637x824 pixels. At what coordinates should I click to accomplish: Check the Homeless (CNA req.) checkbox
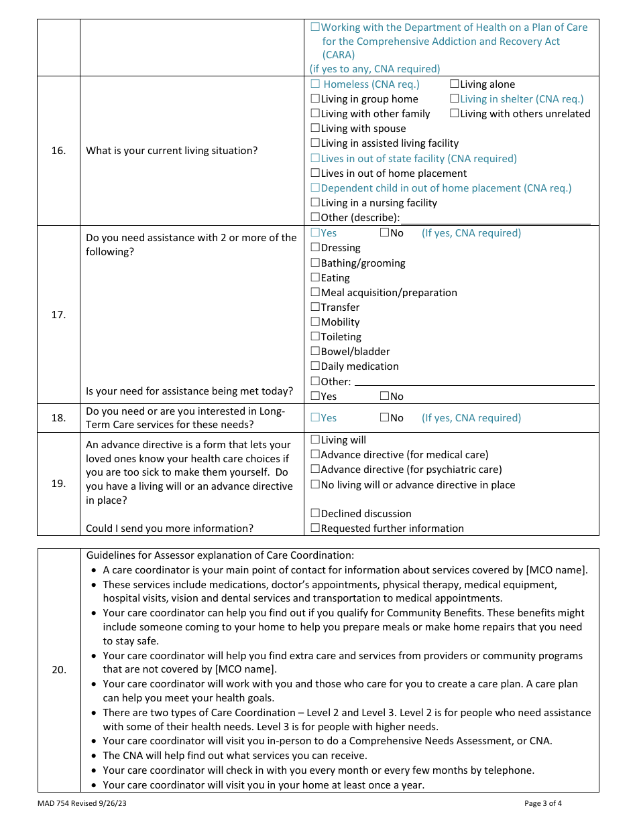(x=315, y=84)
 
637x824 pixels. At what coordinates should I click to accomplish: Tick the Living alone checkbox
(x=455, y=84)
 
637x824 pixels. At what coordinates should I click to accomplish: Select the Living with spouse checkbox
(x=315, y=129)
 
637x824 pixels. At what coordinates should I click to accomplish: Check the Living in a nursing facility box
(x=315, y=203)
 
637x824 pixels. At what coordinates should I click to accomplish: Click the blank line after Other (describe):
(x=496, y=218)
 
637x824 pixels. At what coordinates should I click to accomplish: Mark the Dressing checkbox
(x=315, y=248)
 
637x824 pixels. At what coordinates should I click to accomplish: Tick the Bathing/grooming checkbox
(x=315, y=263)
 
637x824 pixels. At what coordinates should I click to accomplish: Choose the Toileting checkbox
(x=315, y=337)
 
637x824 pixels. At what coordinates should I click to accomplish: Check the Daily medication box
(x=315, y=366)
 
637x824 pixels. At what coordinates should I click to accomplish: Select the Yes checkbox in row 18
(x=315, y=418)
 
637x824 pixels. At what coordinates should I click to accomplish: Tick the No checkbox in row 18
(x=385, y=418)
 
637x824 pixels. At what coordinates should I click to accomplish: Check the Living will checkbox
(x=315, y=440)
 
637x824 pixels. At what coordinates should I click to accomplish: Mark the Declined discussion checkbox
(x=315, y=514)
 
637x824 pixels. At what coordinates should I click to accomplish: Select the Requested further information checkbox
(x=315, y=529)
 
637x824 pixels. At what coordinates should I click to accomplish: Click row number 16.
(x=59, y=151)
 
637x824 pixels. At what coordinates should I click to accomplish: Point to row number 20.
(x=59, y=670)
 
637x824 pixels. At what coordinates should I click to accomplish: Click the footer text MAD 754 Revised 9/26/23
(x=82, y=803)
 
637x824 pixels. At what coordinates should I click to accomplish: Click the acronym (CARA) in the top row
(x=339, y=55)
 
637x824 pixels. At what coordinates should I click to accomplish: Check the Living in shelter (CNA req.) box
(x=455, y=99)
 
